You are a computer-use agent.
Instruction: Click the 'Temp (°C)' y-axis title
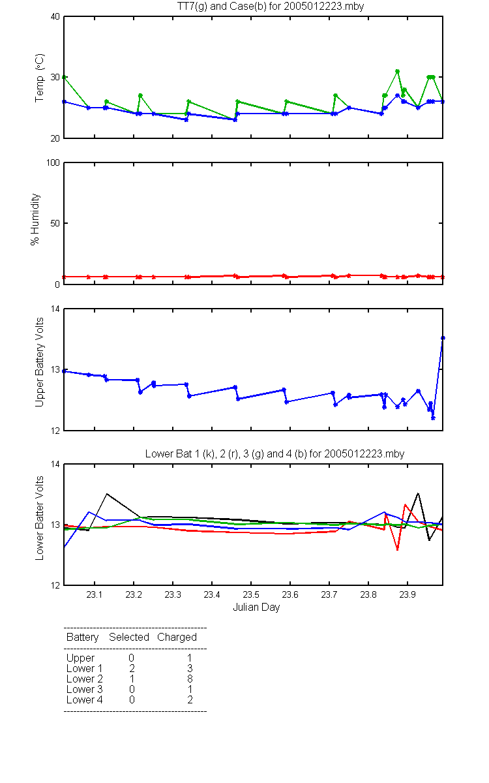tap(40, 78)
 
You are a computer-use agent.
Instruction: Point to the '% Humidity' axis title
tap(35, 219)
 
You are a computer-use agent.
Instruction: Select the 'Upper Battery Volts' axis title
tap(40, 362)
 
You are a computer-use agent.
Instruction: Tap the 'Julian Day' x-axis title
tap(256, 607)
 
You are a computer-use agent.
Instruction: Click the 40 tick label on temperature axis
tap(55, 17)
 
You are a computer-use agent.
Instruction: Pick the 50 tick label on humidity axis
tap(55, 223)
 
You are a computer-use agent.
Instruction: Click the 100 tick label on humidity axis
tap(53, 162)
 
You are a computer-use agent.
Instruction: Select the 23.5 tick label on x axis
tap(251, 594)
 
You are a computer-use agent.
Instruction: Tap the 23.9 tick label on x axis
tap(407, 594)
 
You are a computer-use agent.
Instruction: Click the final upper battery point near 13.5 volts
tap(443, 338)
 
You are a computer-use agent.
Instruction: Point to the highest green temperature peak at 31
tap(397, 71)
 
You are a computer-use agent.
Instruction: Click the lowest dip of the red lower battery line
tap(398, 550)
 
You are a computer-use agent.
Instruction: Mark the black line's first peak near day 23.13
tap(107, 494)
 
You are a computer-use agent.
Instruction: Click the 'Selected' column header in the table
tap(129, 637)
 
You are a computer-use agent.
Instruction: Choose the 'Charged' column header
tap(177, 637)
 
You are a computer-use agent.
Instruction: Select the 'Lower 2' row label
tap(85, 679)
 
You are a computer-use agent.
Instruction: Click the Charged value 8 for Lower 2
tap(190, 679)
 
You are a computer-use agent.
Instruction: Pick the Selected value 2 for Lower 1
tap(132, 668)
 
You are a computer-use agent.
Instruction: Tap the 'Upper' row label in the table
tap(80, 658)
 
